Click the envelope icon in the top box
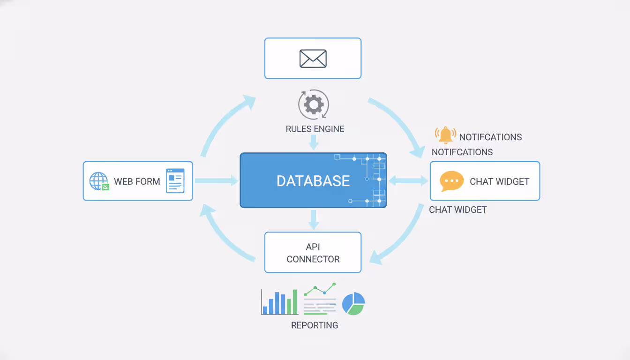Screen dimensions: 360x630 click(x=313, y=59)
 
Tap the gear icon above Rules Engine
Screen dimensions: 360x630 click(x=314, y=105)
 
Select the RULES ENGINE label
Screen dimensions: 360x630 click(x=315, y=129)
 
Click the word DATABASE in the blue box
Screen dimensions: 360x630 click(x=313, y=181)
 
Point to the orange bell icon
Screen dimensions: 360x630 click(x=445, y=135)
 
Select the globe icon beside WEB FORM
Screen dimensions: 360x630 click(x=98, y=181)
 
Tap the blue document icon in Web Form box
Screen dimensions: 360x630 click(x=175, y=181)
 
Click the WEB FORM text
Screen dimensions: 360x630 click(x=137, y=181)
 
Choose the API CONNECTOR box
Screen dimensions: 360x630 click(x=313, y=252)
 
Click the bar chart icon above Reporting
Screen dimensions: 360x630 click(x=279, y=302)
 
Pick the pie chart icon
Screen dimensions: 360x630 click(x=353, y=303)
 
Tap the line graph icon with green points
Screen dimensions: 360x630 click(x=320, y=299)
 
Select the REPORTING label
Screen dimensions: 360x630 click(x=315, y=325)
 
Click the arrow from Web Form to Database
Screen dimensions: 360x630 click(x=216, y=180)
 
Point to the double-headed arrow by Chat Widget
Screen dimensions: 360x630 click(x=408, y=180)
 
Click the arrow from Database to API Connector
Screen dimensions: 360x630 click(x=314, y=219)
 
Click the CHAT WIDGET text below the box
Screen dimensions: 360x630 click(x=457, y=210)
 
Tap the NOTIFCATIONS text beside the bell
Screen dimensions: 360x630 click(x=490, y=137)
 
